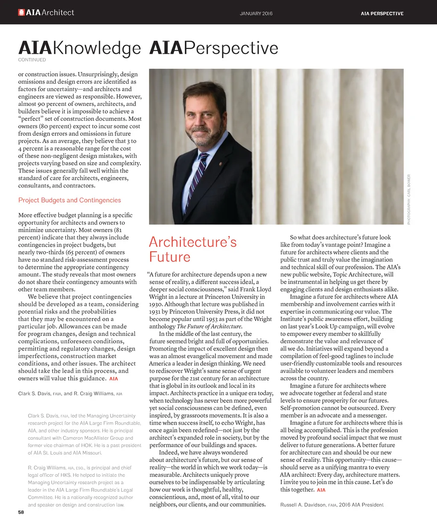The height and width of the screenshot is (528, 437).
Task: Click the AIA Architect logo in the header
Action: [46, 13]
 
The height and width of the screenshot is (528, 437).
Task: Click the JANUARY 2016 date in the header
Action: [256, 14]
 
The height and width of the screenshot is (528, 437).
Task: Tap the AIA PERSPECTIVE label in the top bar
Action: [382, 14]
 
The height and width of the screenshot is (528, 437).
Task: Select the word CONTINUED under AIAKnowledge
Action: [32, 60]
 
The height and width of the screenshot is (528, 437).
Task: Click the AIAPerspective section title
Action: [213, 48]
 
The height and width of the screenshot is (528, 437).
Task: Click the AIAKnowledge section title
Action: [79, 48]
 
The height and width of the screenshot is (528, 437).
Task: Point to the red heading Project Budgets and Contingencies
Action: [70, 200]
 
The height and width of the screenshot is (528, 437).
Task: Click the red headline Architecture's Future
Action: [192, 249]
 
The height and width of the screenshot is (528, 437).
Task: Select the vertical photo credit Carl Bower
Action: [409, 199]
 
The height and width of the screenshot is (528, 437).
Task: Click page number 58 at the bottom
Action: [21, 512]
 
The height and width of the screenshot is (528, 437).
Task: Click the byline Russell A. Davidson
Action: [332, 505]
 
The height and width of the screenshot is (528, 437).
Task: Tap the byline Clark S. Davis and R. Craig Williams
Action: [70, 394]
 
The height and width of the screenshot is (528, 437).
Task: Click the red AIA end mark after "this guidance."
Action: [114, 379]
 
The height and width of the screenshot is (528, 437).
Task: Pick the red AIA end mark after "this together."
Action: [321, 490]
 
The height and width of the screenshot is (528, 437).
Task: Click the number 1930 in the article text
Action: [156, 304]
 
